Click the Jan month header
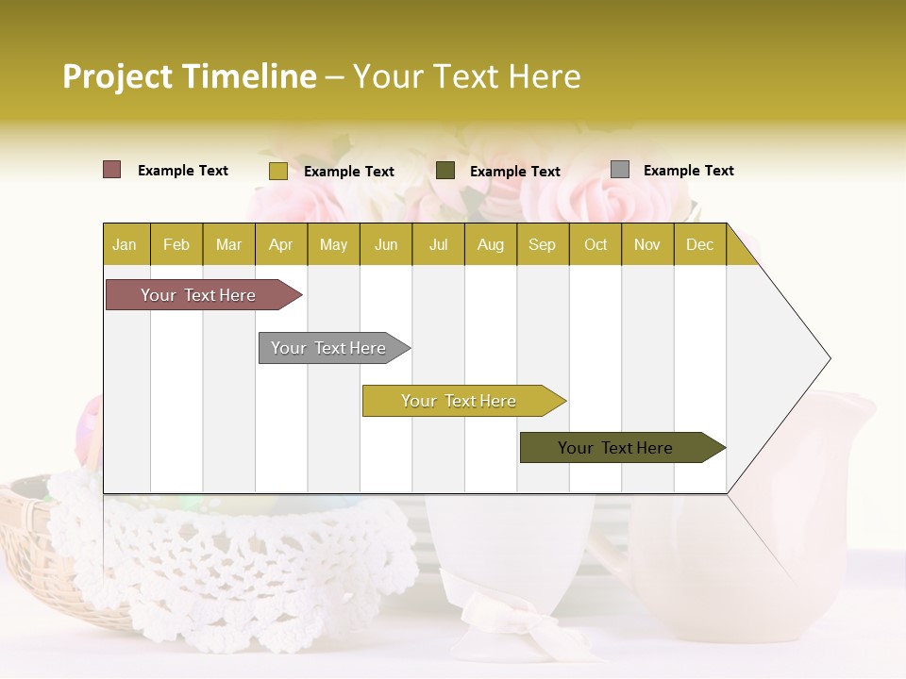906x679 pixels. (125, 244)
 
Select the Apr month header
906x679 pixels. (281, 244)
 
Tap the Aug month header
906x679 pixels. (490, 244)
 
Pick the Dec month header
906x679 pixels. (699, 244)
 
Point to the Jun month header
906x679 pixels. (386, 244)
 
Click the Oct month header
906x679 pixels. (596, 244)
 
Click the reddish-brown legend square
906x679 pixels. (111, 170)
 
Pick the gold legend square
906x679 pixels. (277, 171)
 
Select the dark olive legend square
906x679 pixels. (445, 170)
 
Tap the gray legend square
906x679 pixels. (620, 170)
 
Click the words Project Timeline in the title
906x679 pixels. (189, 76)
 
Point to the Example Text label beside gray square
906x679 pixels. (688, 171)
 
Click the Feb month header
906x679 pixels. (176, 244)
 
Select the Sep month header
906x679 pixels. (542, 244)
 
